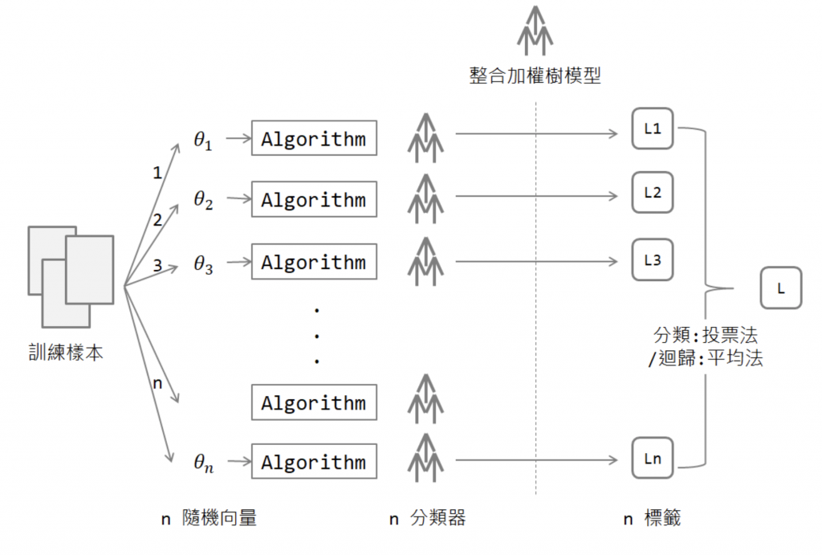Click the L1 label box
coord(652,129)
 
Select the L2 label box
coord(652,193)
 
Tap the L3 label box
coord(652,260)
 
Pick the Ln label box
coord(652,459)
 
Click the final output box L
coord(781,288)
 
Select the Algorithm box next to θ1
coord(314,138)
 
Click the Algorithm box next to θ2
coord(314,199)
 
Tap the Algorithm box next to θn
coord(314,462)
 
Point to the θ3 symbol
coord(203,264)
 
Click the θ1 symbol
coord(203,141)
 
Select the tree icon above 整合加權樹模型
coord(535,31)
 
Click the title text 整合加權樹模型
coord(535,75)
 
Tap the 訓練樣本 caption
coord(66,353)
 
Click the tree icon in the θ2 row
coord(425,198)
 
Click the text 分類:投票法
coord(706,335)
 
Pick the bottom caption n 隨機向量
coord(209,518)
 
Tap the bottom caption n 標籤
coord(652,518)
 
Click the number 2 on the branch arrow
coord(157,220)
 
